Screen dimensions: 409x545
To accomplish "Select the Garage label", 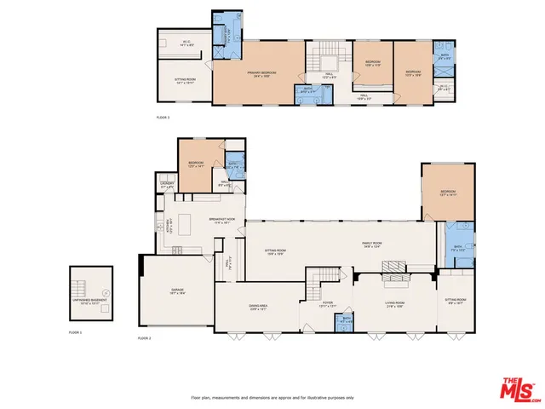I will click(177, 291).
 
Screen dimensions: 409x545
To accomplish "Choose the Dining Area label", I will click(258, 309).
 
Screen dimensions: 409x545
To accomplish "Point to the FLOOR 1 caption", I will click(76, 331).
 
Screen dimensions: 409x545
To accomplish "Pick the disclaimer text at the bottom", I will click(272, 397).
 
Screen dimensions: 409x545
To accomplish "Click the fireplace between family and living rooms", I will click(394, 267).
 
